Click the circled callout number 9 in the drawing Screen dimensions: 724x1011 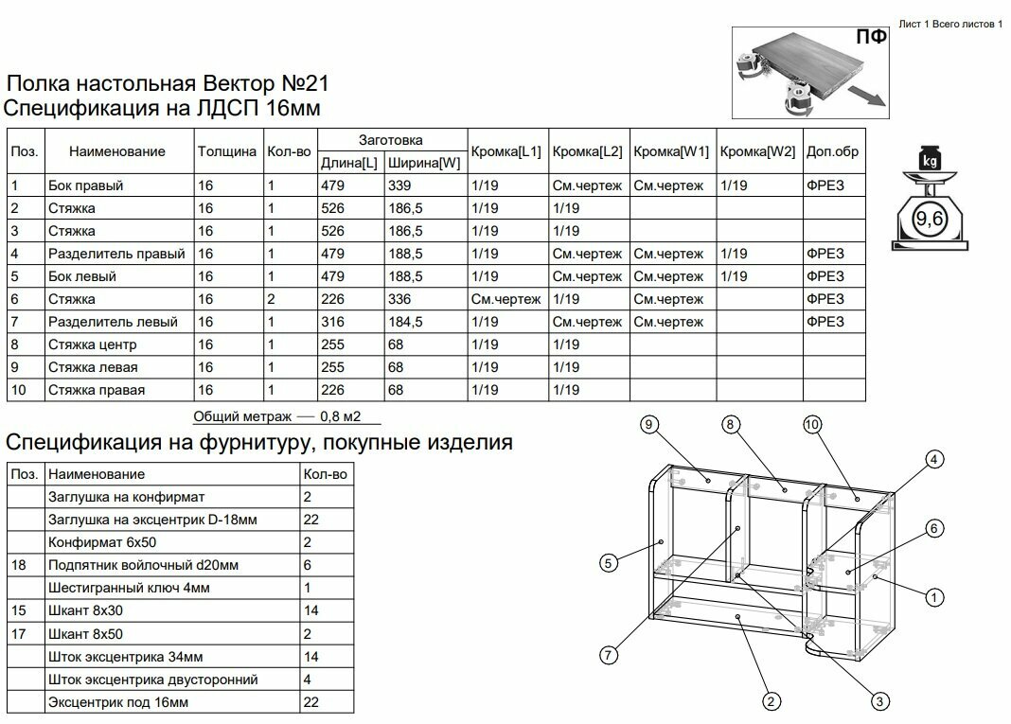648,425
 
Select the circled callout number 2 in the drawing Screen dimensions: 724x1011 772,701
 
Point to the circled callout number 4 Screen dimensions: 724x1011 934,460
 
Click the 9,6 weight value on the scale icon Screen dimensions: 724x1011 929,221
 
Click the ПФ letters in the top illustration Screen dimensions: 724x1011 871,37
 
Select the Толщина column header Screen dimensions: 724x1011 227,151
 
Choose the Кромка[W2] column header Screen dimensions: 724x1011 757,151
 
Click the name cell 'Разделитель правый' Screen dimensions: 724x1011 115,254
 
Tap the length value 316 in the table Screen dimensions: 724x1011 333,322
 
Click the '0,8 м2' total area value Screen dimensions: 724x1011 341,415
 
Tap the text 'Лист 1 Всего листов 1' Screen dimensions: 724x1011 949,24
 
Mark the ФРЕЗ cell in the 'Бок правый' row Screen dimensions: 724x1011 824,185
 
